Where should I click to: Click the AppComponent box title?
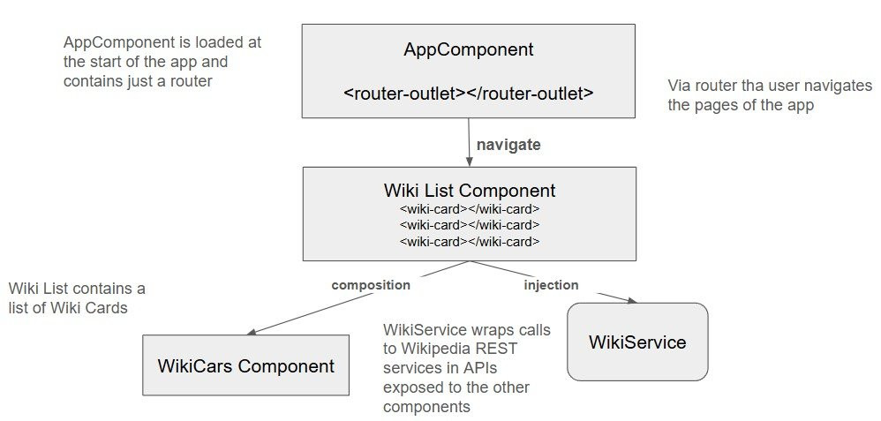click(469, 50)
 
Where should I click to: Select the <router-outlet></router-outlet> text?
click(469, 92)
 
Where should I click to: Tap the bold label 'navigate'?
click(508, 145)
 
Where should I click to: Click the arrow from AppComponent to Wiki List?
click(468, 141)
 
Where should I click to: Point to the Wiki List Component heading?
click(469, 190)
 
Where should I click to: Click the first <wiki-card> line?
click(469, 209)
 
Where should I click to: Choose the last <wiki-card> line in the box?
click(469, 241)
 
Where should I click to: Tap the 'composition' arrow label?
click(371, 285)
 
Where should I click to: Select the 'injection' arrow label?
click(551, 285)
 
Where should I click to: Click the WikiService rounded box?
click(637, 342)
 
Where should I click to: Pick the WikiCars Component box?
click(245, 365)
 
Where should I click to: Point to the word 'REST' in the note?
click(499, 349)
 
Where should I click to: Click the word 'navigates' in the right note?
click(838, 86)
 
